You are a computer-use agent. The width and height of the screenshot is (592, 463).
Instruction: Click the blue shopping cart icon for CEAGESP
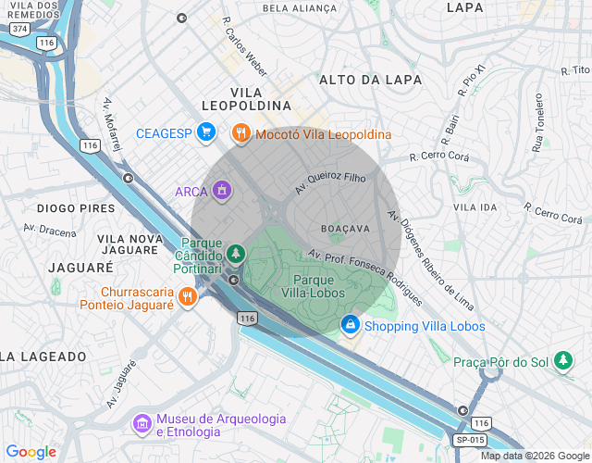click(206, 133)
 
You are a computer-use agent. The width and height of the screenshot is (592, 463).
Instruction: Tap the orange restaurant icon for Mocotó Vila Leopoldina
click(240, 133)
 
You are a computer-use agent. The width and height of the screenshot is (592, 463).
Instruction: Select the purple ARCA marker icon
click(221, 192)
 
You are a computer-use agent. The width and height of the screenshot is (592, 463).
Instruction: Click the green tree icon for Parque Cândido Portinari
click(237, 252)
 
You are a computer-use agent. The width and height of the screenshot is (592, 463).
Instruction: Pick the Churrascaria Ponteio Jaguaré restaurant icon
click(187, 296)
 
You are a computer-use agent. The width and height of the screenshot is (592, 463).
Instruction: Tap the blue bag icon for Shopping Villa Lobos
click(351, 325)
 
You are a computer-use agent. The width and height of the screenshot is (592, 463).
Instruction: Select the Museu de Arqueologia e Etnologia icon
click(142, 424)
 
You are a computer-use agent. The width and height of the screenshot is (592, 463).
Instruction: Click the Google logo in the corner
click(31, 452)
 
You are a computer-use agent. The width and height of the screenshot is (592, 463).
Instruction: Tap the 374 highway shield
click(18, 29)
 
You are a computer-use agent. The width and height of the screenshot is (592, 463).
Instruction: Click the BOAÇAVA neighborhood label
click(345, 227)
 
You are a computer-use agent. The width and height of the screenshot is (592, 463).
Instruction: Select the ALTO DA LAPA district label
click(370, 81)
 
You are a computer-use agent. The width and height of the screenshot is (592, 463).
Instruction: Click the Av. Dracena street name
click(50, 229)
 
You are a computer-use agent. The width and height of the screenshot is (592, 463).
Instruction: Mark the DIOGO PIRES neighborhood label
click(76, 208)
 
